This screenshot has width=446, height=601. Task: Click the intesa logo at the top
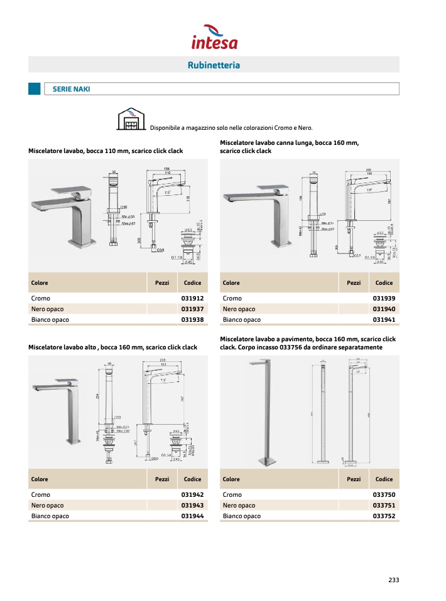[x=214, y=37]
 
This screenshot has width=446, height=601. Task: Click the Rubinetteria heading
[x=214, y=65]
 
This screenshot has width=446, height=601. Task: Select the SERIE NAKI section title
[x=71, y=89]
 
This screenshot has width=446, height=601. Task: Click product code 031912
[x=192, y=299]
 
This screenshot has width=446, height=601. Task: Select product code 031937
[x=192, y=309]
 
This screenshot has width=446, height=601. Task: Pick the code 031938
[x=192, y=320]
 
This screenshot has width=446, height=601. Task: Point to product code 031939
[x=384, y=299]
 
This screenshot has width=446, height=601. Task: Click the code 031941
[x=384, y=320]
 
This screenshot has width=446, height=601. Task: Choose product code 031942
[x=192, y=495]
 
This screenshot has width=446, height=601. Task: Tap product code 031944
[x=192, y=516]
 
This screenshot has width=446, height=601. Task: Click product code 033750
[x=384, y=495]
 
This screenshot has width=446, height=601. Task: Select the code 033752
[x=384, y=516]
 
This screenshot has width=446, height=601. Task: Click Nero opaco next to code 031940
[x=239, y=309]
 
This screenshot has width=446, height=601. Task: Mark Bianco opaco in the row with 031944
[x=50, y=516]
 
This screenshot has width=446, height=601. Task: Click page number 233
[x=393, y=580]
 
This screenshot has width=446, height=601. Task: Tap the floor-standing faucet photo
[x=263, y=412]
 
